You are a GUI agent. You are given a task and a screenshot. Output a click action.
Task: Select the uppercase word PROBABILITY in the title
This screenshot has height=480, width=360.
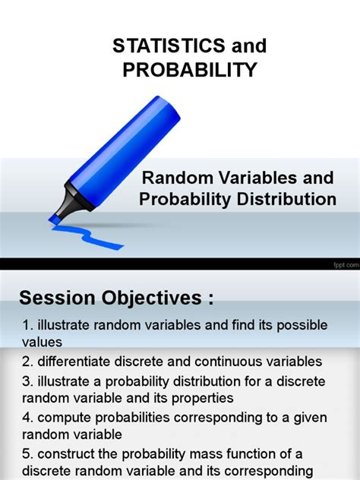(x=189, y=70)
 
